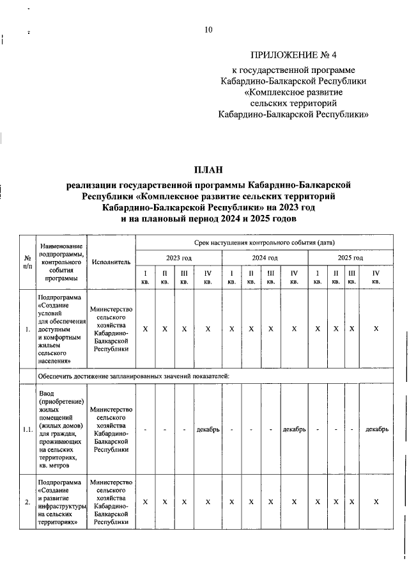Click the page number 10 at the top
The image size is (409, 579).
pos(208,29)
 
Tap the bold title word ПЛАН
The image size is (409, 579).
pos(209,170)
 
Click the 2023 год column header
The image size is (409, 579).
pos(178,258)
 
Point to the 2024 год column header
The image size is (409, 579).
pos(265,258)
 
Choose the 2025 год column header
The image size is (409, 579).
pos(350,258)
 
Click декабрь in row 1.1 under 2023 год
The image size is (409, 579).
pos(208,429)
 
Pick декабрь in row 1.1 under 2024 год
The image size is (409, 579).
pos(294,429)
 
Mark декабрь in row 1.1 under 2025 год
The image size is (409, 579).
pos(376,429)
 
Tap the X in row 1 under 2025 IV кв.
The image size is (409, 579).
pos(376,329)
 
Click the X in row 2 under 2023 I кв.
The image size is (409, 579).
pos(145,502)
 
